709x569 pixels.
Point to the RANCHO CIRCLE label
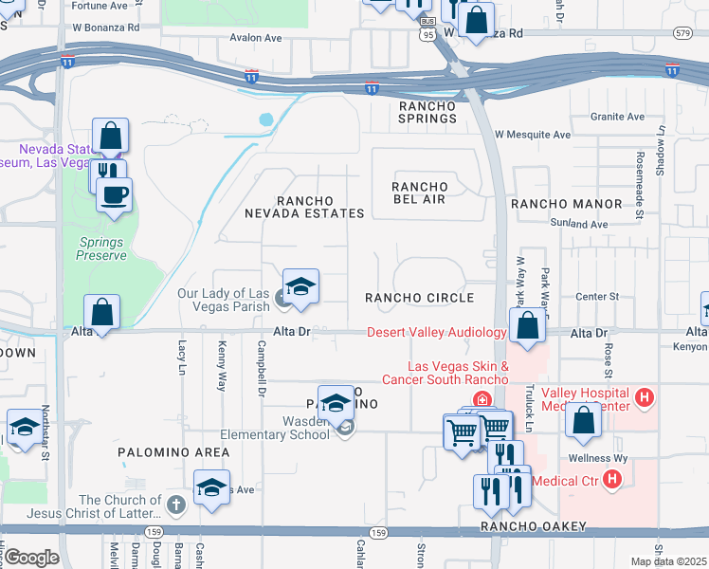[420, 298]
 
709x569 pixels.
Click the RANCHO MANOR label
[566, 204]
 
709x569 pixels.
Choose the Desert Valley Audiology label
[436, 332]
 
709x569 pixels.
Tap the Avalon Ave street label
[256, 39]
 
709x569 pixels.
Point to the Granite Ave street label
[617, 117]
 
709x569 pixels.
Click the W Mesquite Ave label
[532, 135]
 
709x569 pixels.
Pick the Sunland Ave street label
[578, 224]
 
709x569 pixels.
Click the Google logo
[31, 557]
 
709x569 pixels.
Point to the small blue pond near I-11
[266, 120]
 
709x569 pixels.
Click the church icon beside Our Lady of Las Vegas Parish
[281, 301]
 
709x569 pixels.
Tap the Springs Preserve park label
[102, 248]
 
